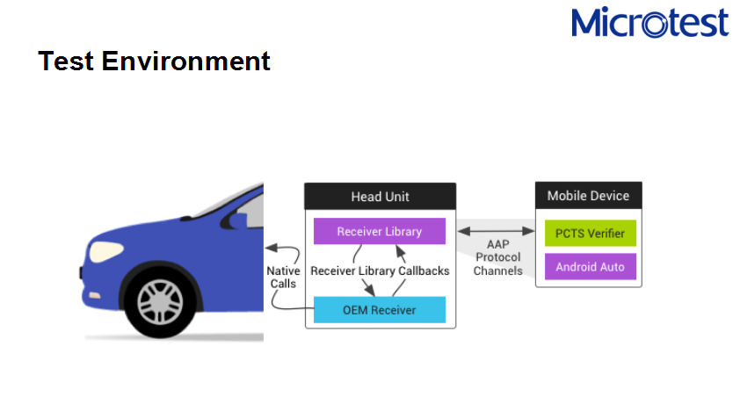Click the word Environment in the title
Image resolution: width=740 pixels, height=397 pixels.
(185, 61)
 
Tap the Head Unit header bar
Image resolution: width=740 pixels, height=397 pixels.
(380, 196)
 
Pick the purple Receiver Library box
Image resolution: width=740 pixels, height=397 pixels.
(380, 231)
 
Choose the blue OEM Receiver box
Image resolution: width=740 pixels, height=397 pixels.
(380, 309)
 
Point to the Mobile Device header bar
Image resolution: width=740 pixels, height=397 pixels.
(588, 195)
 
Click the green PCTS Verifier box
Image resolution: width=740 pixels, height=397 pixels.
(589, 233)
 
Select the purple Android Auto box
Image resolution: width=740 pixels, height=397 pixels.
(589, 266)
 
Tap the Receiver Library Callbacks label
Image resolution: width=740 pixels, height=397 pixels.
(380, 271)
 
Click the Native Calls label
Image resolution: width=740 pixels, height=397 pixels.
(283, 278)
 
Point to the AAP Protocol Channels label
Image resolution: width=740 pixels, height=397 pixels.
(497, 257)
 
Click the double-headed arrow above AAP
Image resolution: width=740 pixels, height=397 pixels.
(497, 231)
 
